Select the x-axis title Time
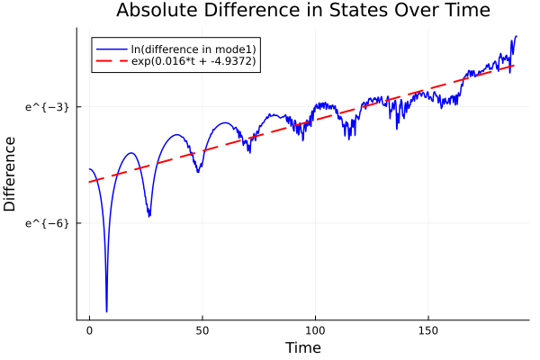(302, 347)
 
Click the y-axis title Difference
(10, 174)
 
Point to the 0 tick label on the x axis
(89, 330)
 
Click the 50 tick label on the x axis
(202, 330)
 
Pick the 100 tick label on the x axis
(315, 330)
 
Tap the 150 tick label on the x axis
(427, 330)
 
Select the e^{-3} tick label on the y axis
(47, 106)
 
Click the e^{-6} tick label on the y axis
(47, 222)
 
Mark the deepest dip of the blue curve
(106, 311)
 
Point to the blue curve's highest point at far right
(516, 36)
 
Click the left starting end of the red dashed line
(90, 182)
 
